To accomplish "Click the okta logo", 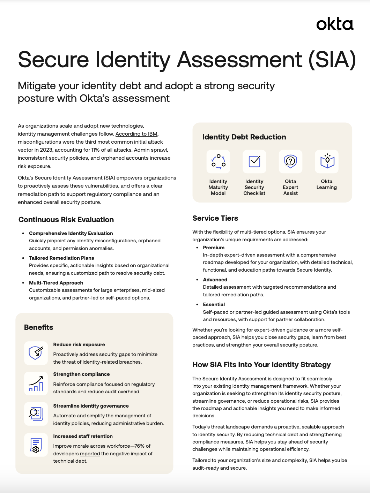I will point(335,24).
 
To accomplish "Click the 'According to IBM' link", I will point(136,134).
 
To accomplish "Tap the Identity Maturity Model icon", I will point(218,161).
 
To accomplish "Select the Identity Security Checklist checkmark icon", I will point(254,161).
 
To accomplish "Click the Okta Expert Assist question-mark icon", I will point(290,161).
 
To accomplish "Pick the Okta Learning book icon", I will point(327,161).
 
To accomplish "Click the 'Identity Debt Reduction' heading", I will point(244,137).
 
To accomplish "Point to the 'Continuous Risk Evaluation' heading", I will point(66,220).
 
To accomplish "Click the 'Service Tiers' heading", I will point(215,218).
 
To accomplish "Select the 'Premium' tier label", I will point(214,248).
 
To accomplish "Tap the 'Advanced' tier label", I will point(215,280).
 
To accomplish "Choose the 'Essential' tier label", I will point(214,304).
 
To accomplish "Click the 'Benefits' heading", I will point(38,327).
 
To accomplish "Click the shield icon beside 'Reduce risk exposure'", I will point(36,353).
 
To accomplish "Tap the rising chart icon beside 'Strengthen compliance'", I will point(36,383).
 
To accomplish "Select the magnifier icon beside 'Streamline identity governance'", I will point(36,414).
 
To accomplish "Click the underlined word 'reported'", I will point(90,454).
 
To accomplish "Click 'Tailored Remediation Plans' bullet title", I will point(61,258).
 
